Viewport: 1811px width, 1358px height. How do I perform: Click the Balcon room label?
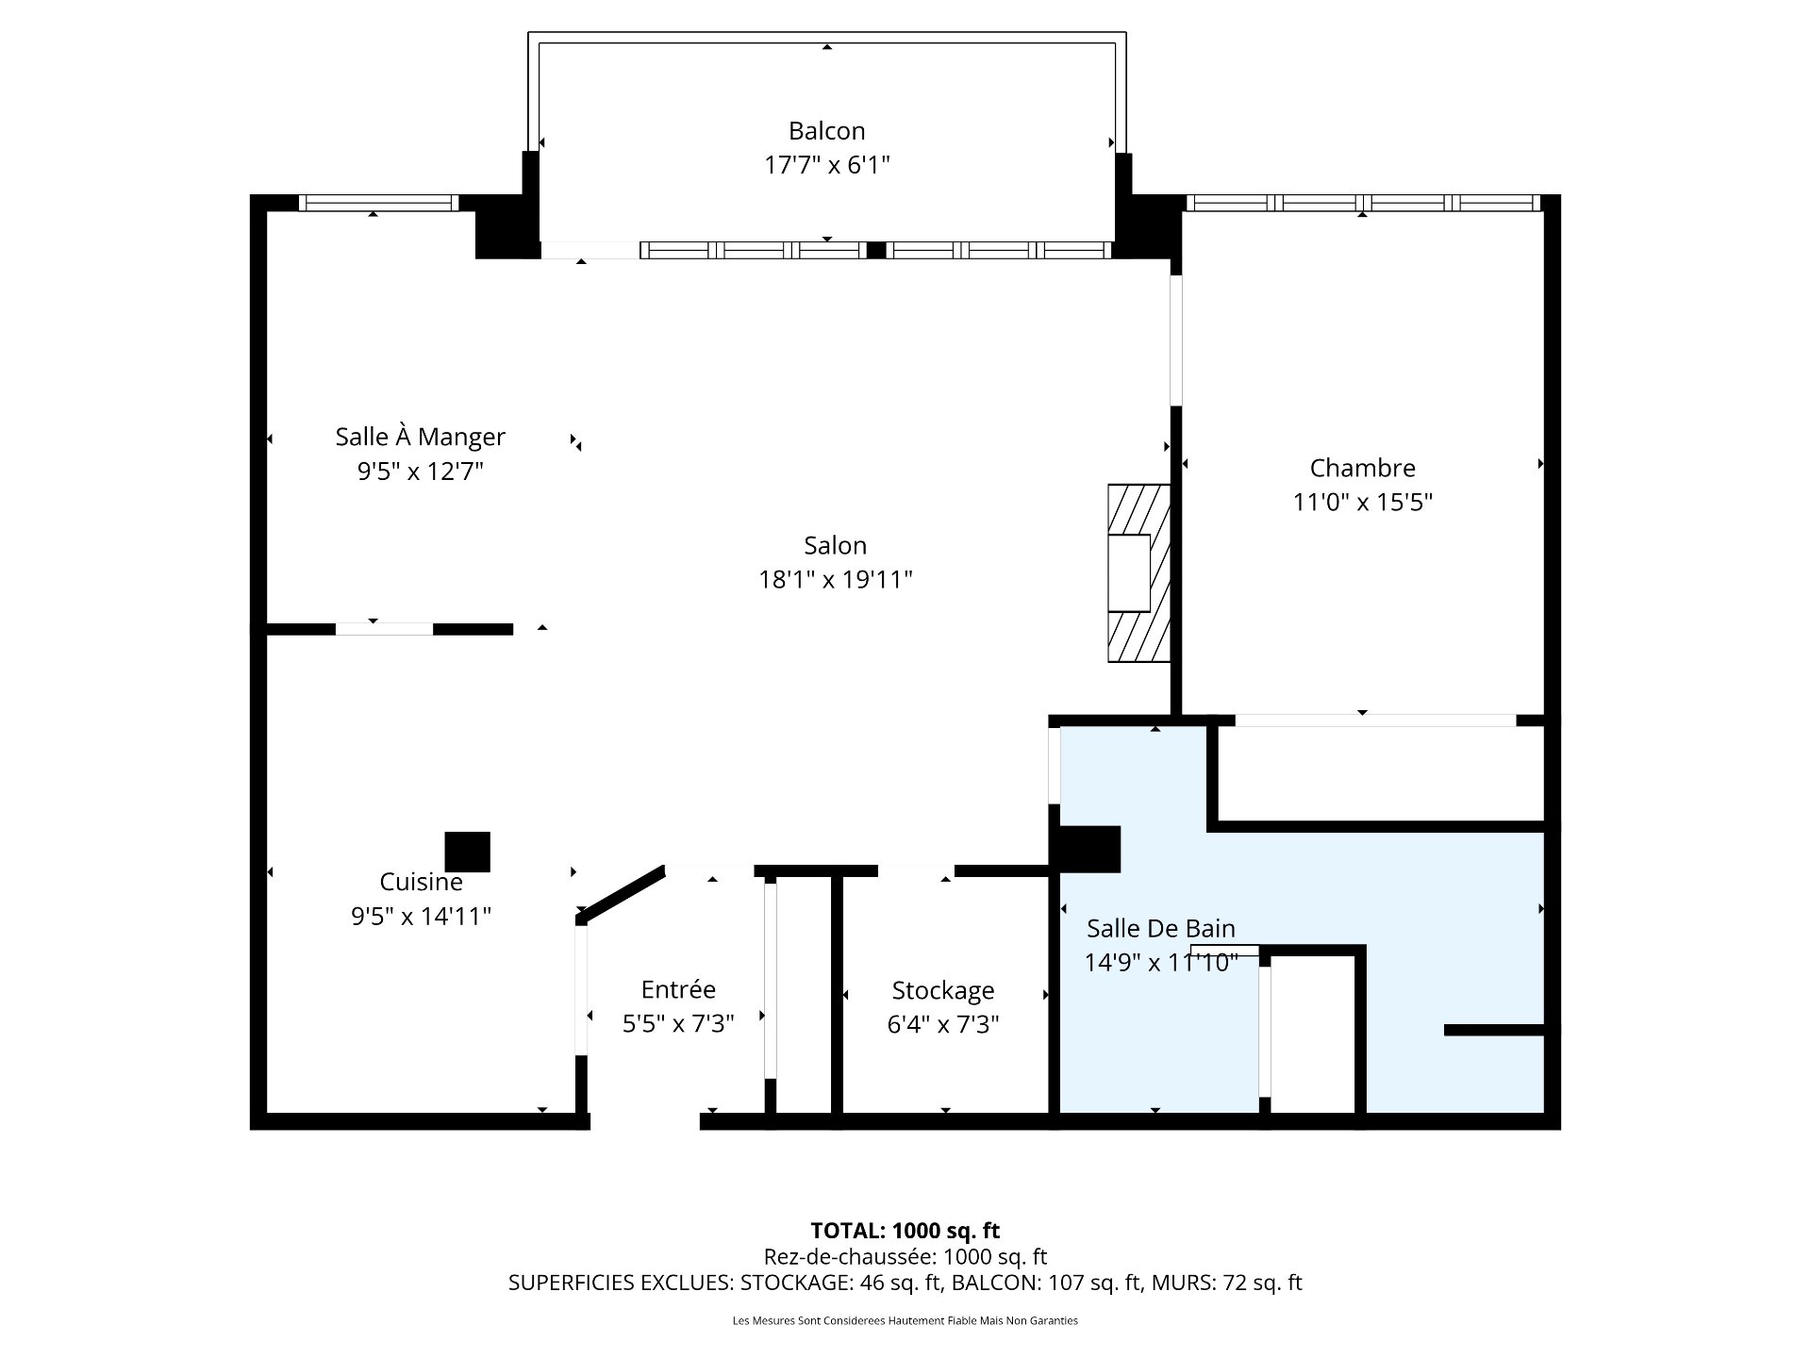point(826,131)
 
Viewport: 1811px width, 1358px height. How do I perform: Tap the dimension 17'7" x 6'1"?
point(826,166)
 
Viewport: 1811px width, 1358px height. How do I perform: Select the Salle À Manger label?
point(420,437)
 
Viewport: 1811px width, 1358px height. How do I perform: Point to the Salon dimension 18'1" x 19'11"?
point(835,579)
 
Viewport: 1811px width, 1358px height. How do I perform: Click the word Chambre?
point(1362,468)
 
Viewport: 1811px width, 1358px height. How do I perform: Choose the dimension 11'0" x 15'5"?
point(1362,502)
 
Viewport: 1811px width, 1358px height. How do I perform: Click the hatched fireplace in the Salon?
point(1139,572)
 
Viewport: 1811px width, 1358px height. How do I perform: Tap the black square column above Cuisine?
point(467,852)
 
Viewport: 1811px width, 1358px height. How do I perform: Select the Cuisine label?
point(421,882)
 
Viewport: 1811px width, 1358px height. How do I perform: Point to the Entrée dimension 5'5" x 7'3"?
point(677,1024)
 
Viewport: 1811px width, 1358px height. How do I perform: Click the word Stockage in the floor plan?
point(942,990)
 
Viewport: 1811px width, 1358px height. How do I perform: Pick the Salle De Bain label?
point(1160,929)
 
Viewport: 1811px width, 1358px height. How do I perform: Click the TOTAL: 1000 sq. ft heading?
point(905,1231)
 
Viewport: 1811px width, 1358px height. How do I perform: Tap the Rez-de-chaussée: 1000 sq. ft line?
point(905,1257)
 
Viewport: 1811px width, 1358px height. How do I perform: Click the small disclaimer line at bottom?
point(905,1321)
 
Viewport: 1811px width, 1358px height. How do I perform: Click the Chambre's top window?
point(1362,203)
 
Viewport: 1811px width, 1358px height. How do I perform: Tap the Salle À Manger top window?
point(378,203)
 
